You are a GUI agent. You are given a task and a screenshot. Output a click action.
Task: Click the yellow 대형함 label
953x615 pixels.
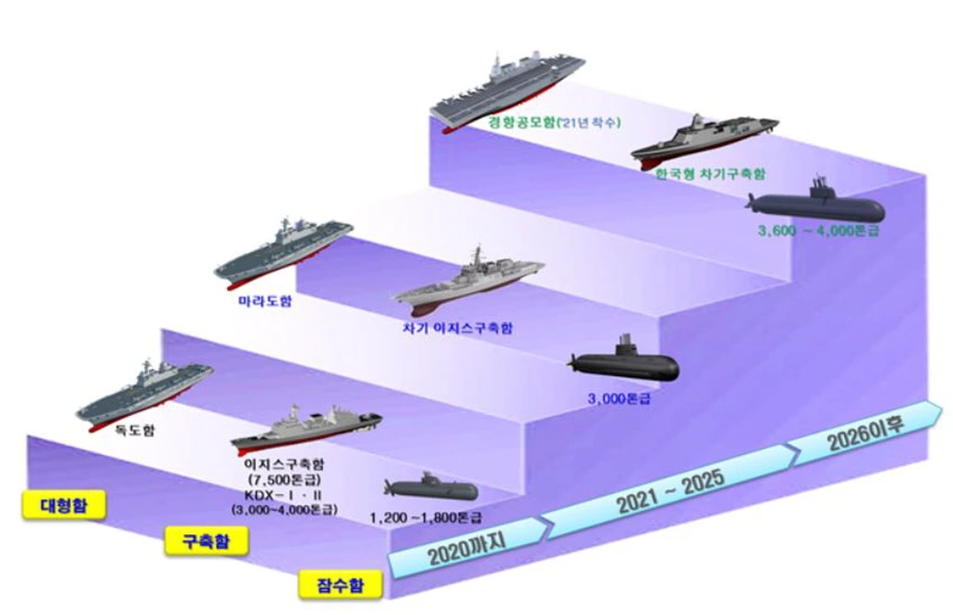coord(60,505)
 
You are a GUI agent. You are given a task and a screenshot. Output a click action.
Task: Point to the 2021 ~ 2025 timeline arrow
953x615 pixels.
coord(669,492)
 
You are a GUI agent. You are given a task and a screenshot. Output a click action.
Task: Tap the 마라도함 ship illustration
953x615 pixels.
coord(283,249)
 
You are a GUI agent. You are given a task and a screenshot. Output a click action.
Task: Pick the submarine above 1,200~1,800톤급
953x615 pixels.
coord(430,488)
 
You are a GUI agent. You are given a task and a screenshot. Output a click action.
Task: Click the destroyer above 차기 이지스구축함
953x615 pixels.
coord(467,283)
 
